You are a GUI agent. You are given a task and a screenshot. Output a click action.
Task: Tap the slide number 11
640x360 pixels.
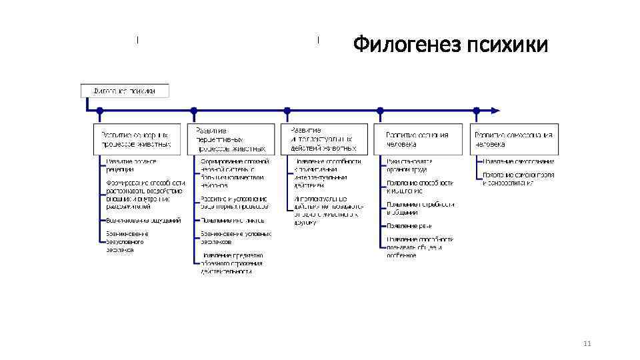(x=587, y=344)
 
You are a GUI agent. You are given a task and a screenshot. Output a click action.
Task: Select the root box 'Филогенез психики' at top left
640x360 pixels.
(x=125, y=91)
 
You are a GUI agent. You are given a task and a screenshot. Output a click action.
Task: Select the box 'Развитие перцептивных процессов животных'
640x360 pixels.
(x=231, y=139)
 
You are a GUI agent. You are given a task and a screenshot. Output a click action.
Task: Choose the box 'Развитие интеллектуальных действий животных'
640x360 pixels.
(x=324, y=139)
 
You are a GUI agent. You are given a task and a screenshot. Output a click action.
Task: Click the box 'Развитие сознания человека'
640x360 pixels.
(x=417, y=139)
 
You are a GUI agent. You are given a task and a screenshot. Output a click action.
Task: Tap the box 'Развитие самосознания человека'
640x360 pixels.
(x=514, y=139)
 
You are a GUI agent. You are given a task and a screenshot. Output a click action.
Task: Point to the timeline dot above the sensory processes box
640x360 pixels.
(x=99, y=110)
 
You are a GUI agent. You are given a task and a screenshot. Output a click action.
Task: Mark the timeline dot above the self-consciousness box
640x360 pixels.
(x=477, y=110)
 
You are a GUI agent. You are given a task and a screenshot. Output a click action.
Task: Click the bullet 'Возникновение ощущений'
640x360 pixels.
(x=143, y=221)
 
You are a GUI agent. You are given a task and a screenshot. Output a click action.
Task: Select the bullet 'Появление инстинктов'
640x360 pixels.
(x=233, y=221)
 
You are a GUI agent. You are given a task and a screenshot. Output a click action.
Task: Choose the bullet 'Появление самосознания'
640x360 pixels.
(x=519, y=161)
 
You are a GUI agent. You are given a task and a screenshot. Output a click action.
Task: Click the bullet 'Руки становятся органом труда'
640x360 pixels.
(x=409, y=165)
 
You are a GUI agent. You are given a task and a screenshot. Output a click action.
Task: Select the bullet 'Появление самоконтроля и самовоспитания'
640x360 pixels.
(x=518, y=179)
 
